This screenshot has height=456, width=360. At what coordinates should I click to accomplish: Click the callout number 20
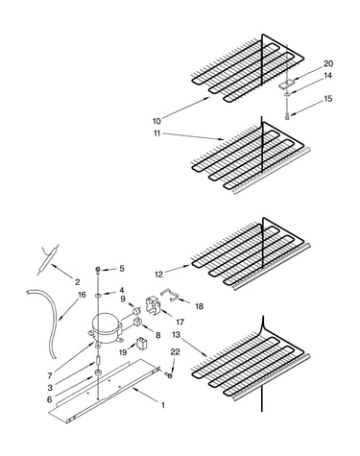328,63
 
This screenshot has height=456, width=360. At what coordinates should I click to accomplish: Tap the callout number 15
328,99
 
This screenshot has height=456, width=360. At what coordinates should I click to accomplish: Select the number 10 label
156,121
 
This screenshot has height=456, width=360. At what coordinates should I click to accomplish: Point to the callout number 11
156,133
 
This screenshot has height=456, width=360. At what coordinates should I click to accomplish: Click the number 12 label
158,275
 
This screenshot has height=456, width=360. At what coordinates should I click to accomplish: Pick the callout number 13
176,335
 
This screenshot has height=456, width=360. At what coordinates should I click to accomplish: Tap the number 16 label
82,295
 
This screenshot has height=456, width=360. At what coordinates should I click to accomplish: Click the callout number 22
175,352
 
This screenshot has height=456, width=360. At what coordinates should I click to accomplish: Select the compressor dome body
106,328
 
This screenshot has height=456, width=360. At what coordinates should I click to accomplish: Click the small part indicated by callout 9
136,310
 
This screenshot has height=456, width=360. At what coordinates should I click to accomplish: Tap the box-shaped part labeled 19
142,345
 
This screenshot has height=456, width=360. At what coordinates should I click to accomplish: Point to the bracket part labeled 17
152,304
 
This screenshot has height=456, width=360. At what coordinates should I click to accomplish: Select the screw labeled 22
168,374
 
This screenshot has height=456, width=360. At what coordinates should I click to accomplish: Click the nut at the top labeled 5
97,270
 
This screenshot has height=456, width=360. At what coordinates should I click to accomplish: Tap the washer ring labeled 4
98,294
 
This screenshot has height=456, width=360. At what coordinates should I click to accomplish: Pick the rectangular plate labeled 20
286,84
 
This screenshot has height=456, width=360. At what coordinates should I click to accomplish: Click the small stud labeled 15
287,116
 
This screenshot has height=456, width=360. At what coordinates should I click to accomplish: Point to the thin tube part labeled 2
48,259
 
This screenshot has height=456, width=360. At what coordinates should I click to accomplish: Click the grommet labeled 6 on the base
98,373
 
